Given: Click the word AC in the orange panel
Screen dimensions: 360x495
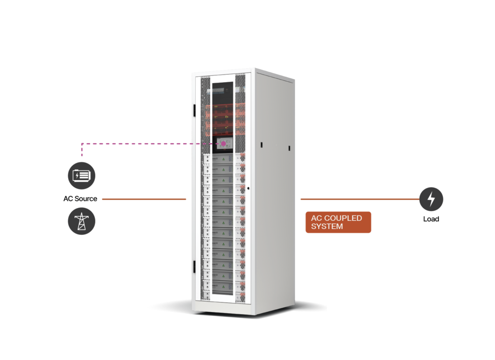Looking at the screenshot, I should (317, 218).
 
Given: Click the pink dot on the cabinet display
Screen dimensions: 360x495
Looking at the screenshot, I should (224, 144).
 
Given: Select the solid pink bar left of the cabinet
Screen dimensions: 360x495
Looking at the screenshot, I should (94, 151).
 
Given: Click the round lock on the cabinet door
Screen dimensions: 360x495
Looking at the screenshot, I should (248, 188).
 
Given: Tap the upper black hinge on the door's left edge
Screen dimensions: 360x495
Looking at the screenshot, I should (194, 109).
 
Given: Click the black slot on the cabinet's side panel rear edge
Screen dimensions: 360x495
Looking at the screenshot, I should (290, 147).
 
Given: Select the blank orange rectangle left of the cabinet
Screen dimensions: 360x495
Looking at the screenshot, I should (145, 256).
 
